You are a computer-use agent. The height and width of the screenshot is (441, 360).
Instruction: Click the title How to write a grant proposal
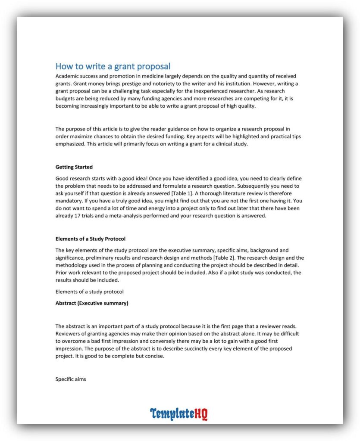point(113,66)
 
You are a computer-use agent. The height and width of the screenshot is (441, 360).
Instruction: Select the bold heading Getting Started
point(74,167)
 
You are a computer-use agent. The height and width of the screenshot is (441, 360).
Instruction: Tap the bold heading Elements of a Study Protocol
point(91,239)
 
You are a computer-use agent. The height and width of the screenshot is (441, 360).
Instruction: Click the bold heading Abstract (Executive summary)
point(92,303)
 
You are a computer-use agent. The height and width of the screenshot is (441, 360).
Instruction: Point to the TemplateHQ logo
point(179,414)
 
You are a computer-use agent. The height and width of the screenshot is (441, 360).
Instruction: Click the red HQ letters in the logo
point(200,414)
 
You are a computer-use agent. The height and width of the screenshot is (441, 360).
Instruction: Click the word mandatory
point(69,201)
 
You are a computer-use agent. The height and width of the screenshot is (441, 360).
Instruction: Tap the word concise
point(154,356)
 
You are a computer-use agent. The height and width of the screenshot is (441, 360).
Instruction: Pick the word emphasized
point(70,144)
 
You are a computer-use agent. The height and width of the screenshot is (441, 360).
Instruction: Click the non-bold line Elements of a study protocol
point(90,292)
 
